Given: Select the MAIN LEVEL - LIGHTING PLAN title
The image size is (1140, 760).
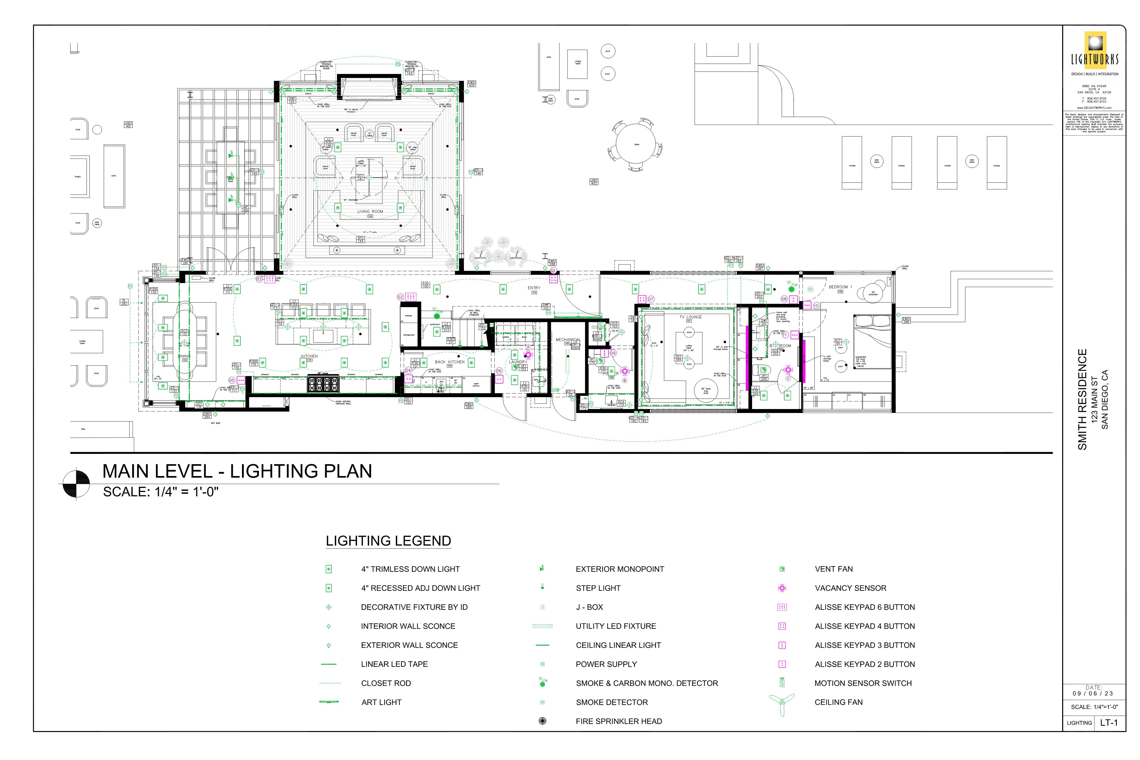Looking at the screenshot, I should [237, 471].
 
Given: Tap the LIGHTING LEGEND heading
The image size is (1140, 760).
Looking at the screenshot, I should [388, 541].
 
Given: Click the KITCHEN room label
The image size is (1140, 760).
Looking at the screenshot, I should [309, 356].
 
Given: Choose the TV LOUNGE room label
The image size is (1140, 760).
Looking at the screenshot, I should [690, 317].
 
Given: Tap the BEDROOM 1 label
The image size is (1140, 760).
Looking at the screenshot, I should [840, 287].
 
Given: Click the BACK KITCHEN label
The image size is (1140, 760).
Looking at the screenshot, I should [449, 362].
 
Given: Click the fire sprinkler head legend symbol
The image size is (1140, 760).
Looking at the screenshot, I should [542, 721].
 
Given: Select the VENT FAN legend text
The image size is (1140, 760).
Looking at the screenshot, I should [834, 569].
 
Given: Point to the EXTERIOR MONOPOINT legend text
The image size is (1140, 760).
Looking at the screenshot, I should [619, 569].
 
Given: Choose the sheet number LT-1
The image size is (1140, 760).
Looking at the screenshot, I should [1109, 723].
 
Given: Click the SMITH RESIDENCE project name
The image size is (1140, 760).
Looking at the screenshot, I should [1082, 399].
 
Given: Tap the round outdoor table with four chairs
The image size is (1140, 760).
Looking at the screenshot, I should [636, 144].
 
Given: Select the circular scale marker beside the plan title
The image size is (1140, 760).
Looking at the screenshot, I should [76, 484].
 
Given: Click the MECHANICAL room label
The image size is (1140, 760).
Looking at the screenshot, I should [568, 340].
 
